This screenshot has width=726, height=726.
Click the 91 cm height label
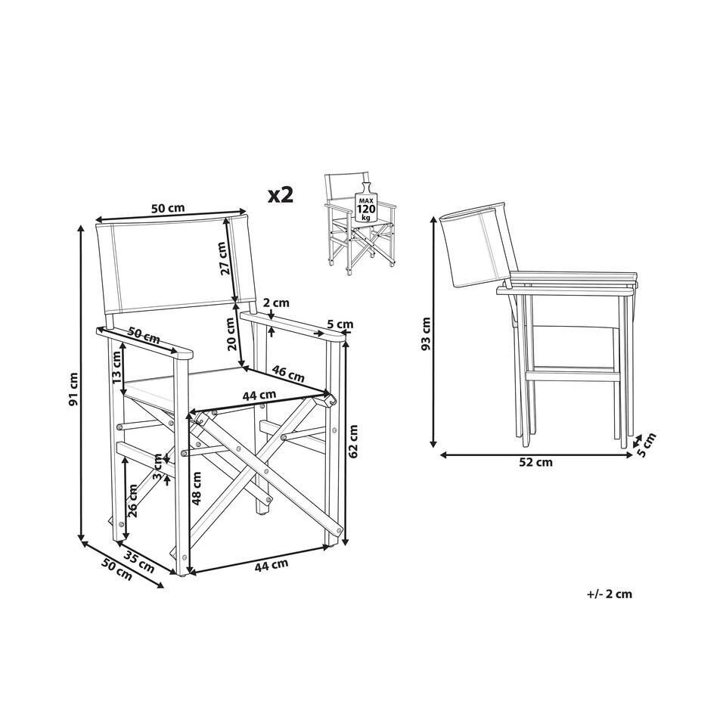coord(73,390)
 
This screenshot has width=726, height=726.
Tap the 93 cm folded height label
coord(426,334)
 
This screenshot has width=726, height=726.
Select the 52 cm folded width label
coord(535,461)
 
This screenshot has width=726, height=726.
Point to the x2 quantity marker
coord(281,195)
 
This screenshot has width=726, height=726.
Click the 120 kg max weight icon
coord(366,205)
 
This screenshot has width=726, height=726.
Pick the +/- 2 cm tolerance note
coord(610,594)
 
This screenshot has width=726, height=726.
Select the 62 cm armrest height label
coord(353,441)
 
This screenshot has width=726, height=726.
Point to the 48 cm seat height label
coord(197,488)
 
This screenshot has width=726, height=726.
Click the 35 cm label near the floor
coord(139,559)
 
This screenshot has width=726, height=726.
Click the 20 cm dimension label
coord(232,334)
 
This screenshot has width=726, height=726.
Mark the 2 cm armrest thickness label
coord(277,302)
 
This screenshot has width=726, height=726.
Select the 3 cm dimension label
coord(158,468)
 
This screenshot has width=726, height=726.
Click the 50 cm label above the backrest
coord(168,208)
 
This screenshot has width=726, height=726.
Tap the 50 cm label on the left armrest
coord(144,336)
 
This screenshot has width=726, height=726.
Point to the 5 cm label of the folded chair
coord(647,445)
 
